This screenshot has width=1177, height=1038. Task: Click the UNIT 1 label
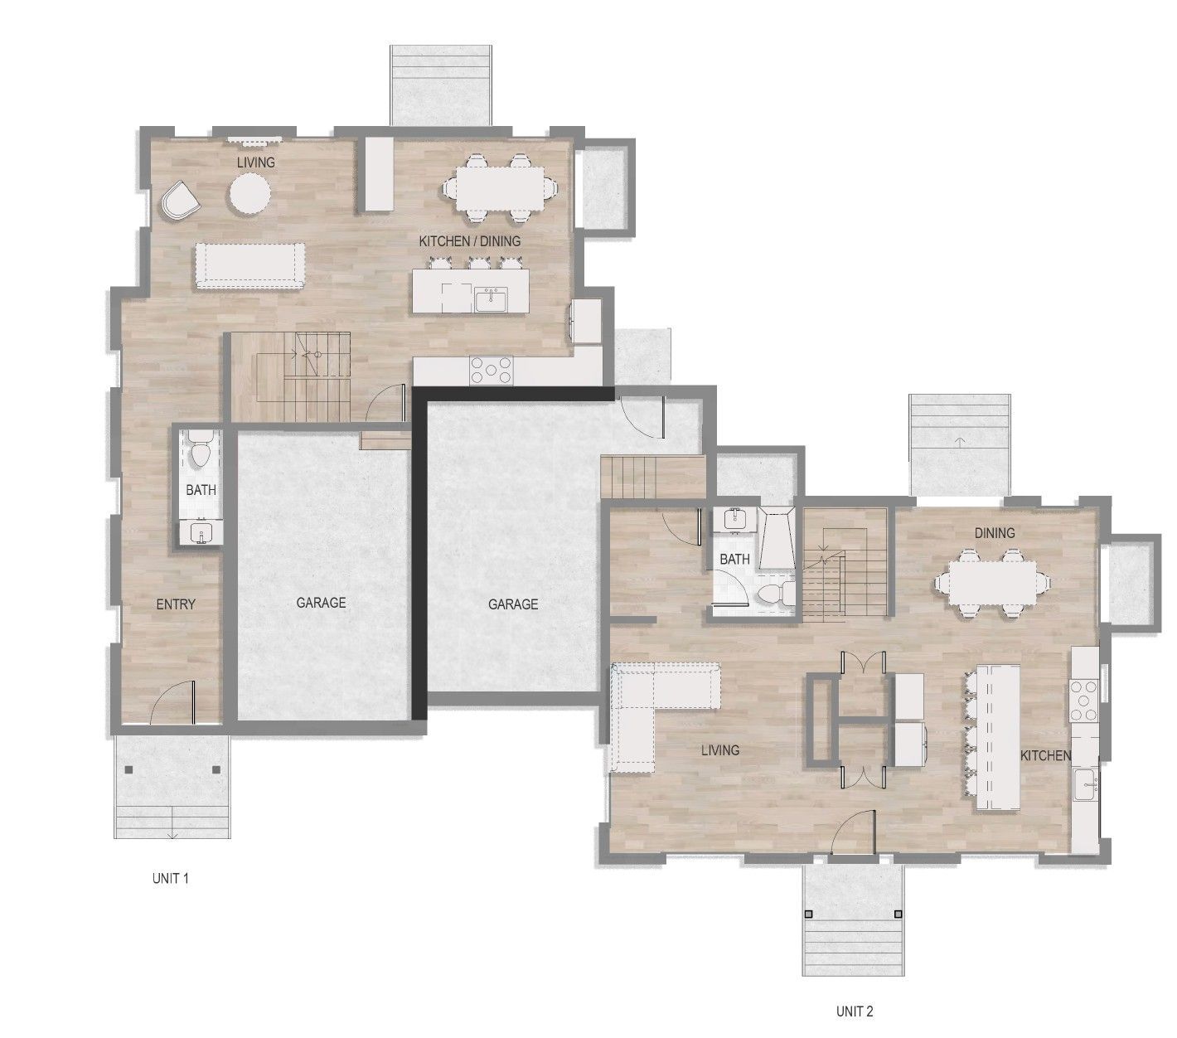point(170,878)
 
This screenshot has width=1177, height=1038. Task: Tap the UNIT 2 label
point(854,1011)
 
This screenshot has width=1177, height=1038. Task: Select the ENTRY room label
point(176,604)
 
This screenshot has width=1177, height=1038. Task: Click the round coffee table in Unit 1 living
point(249,196)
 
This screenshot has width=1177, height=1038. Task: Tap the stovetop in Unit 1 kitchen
point(492,371)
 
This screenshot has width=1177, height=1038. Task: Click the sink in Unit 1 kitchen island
point(491,300)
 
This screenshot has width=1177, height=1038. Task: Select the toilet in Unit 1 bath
point(201,450)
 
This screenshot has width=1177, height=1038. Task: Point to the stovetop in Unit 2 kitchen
point(1083,701)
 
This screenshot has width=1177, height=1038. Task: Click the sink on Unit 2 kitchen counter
point(1084,784)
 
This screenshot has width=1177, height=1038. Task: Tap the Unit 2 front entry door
point(853,833)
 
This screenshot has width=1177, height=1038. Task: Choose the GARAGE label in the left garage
point(321,603)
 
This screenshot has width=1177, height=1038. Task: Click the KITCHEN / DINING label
point(469,240)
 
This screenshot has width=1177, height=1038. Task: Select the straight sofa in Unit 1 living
point(249,265)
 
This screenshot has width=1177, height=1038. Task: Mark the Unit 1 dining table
point(501,189)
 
